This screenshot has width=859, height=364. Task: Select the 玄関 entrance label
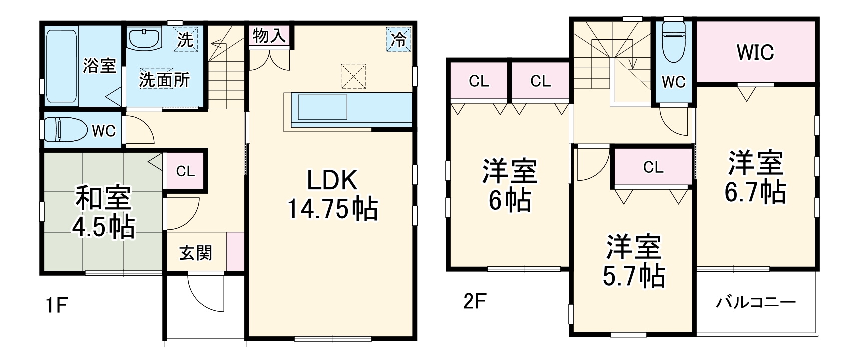pos(196,253)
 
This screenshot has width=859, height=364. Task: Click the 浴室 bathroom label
pos(99,65)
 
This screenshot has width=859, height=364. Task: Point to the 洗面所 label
pos(164,80)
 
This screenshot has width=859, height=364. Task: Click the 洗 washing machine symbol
pos(185,39)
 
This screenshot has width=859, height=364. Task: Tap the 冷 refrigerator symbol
pos(398,39)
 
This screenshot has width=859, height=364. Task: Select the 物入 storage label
pos(269,36)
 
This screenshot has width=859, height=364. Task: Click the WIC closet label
pos(755,52)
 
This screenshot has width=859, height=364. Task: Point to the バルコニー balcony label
pos(756,302)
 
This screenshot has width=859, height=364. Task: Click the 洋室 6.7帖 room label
pos(755,177)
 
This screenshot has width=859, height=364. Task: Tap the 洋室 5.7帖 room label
pos(634,261)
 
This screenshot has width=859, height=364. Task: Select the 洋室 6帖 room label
pos(509,185)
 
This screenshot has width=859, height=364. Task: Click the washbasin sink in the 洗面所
pos(144,38)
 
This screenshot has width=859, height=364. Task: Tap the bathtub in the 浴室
pos(62,66)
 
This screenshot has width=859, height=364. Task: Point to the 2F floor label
pos(473,302)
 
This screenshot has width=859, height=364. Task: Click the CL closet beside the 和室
pos(185,171)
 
